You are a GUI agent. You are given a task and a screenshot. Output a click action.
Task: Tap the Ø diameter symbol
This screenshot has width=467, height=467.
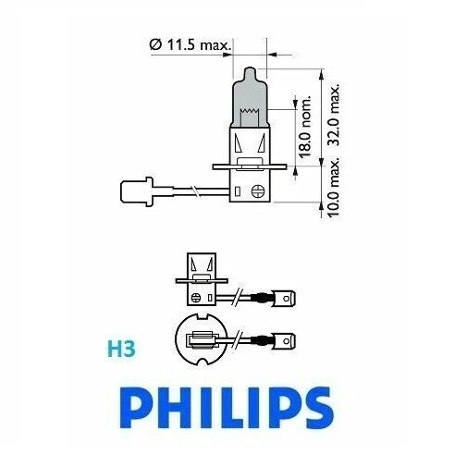[x=153, y=43]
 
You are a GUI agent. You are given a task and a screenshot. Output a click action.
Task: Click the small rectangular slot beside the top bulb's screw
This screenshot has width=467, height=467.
[x=238, y=192]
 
